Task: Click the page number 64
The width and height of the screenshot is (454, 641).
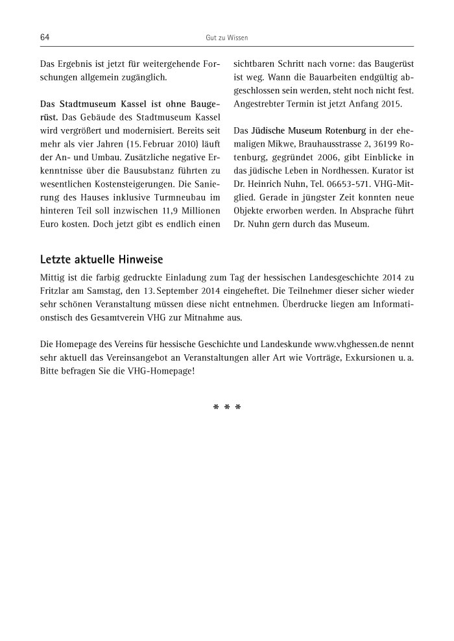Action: point(45,38)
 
